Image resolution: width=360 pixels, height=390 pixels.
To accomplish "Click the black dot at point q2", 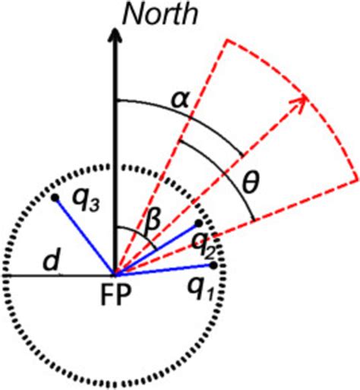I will pos(198,224).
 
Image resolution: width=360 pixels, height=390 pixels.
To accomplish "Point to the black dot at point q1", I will pos(214,265).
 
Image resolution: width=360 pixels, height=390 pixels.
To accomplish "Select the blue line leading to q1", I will pos(163,270).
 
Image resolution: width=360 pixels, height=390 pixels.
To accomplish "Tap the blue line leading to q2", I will pos(156,249).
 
